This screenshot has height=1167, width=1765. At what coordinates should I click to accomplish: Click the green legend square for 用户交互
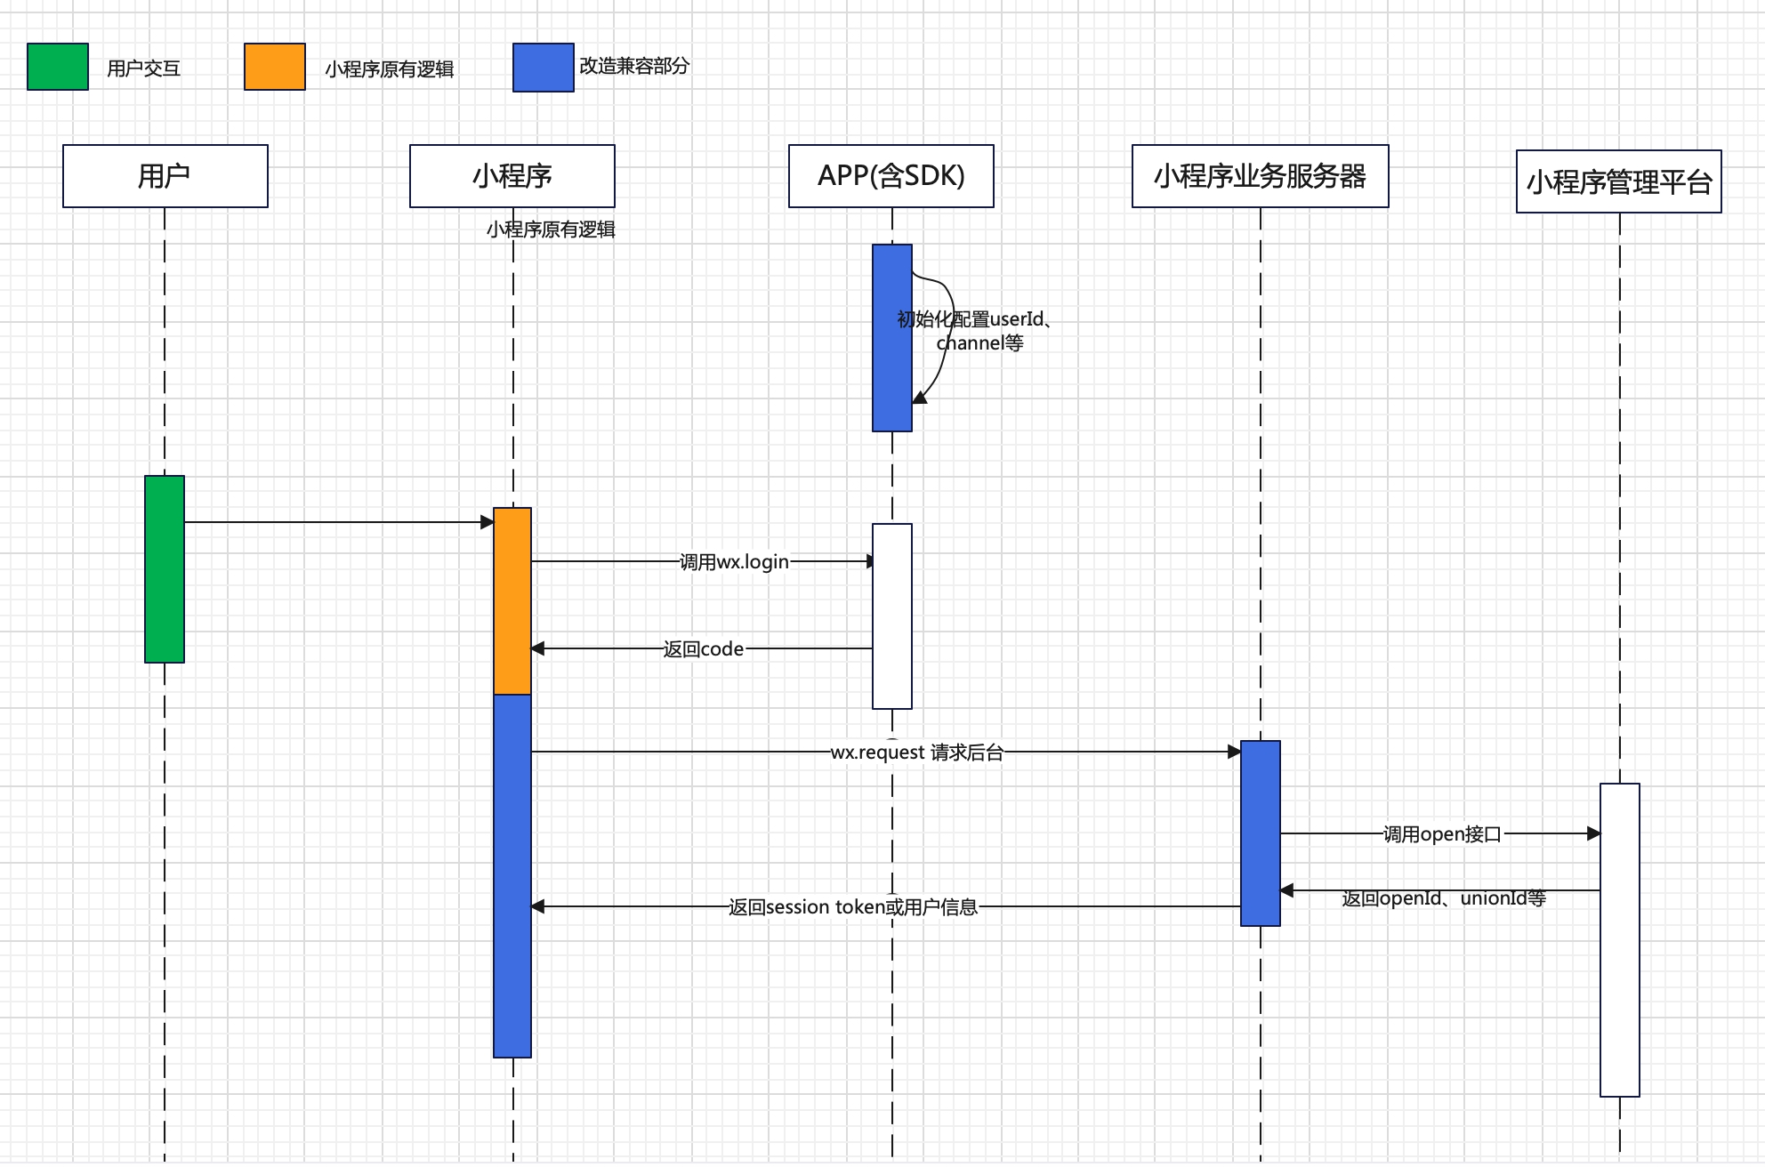(x=58, y=67)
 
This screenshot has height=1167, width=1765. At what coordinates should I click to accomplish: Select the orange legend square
(x=275, y=67)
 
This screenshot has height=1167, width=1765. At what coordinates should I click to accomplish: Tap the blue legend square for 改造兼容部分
(x=544, y=68)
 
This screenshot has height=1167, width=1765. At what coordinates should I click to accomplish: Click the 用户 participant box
(x=165, y=176)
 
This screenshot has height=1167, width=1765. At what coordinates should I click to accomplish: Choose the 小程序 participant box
(x=512, y=176)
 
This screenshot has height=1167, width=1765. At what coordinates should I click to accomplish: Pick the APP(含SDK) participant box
(x=891, y=176)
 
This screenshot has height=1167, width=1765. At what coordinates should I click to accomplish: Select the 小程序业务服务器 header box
(x=1260, y=176)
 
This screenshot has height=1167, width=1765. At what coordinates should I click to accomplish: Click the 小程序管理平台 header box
(x=1619, y=182)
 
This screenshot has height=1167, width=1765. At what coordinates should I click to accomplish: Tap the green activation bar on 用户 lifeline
(x=165, y=569)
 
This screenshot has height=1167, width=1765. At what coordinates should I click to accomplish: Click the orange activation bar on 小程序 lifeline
(x=512, y=601)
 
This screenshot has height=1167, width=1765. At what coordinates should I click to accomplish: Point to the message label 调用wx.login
(x=734, y=562)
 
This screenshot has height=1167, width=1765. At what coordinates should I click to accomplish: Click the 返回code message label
(x=704, y=649)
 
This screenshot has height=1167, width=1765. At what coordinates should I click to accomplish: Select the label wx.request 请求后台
(x=916, y=753)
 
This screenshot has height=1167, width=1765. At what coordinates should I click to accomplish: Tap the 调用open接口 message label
(x=1442, y=834)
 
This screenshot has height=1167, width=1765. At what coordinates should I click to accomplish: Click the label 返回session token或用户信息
(x=853, y=907)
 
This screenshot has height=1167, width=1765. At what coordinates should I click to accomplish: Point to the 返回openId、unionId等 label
(x=1443, y=898)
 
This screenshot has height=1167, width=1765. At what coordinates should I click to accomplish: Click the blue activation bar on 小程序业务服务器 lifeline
(x=1261, y=833)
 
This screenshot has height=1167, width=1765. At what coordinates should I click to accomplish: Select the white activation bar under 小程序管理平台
(x=1620, y=940)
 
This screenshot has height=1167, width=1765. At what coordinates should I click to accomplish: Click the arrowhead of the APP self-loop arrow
(x=920, y=398)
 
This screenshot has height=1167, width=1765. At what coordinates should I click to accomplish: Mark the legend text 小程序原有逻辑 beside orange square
(x=390, y=69)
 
